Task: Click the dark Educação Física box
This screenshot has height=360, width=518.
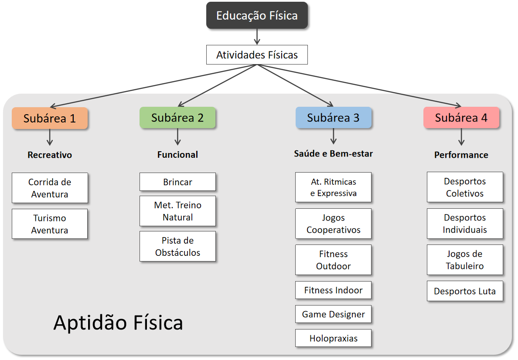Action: (x=257, y=16)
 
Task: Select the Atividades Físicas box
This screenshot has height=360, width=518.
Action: (x=257, y=55)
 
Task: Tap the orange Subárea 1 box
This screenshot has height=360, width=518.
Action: (x=50, y=118)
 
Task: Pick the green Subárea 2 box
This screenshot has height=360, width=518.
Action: (x=177, y=118)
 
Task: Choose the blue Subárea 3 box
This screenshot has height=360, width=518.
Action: (x=334, y=118)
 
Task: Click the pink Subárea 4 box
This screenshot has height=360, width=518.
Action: (x=461, y=118)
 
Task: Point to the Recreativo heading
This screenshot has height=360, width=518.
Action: (x=50, y=155)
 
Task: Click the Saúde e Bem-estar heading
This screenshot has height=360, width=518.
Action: (x=334, y=153)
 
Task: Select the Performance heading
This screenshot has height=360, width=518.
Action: (x=461, y=155)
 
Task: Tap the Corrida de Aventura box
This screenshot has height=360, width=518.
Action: (x=50, y=188)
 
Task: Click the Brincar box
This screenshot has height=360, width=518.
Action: (x=177, y=182)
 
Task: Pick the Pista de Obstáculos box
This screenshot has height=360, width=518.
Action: (x=177, y=246)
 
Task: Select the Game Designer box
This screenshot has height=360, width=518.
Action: (x=334, y=314)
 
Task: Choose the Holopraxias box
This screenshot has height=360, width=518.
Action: (x=334, y=338)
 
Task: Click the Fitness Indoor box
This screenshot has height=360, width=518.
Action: (x=334, y=290)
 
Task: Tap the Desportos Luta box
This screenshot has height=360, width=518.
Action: (x=465, y=291)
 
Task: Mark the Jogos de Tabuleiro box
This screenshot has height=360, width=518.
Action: (x=465, y=260)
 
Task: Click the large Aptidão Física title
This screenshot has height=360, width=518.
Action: (x=118, y=323)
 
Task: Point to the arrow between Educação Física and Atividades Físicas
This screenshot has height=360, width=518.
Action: (x=257, y=37)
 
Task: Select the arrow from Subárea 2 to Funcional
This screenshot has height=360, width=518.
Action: (x=177, y=137)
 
